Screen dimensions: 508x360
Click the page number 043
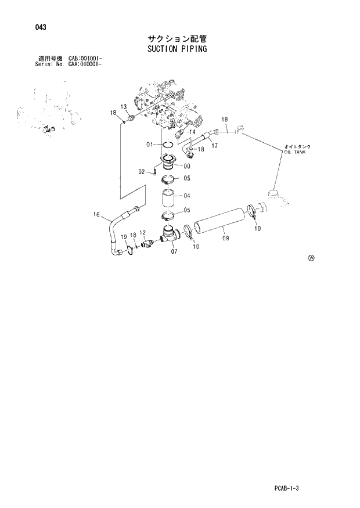(x=40, y=27)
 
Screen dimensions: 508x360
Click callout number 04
(x=187, y=196)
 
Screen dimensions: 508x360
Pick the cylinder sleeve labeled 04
(x=170, y=199)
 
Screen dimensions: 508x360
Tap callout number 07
(x=174, y=252)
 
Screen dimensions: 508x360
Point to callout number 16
(x=97, y=215)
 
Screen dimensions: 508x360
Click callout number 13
(x=124, y=106)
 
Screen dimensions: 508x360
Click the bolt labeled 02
(x=156, y=171)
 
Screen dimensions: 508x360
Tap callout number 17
(x=214, y=146)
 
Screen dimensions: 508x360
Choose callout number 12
(x=142, y=233)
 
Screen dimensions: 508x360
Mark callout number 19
(x=124, y=237)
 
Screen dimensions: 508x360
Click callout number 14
(x=192, y=132)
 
